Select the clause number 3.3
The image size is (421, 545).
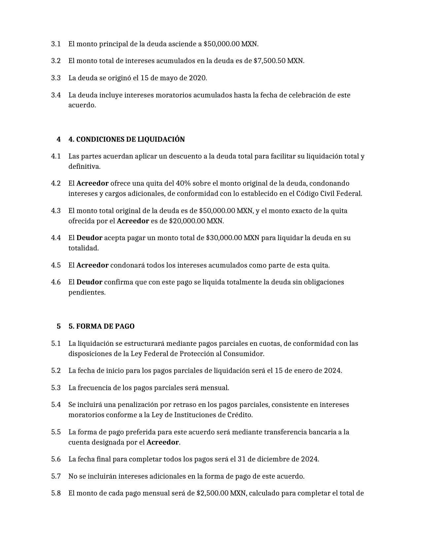(56, 78)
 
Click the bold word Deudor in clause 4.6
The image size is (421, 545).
(89, 282)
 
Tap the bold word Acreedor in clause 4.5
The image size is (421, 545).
(92, 265)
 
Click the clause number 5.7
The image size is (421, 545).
(56, 476)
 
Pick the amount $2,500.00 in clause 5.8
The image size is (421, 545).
(212, 493)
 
